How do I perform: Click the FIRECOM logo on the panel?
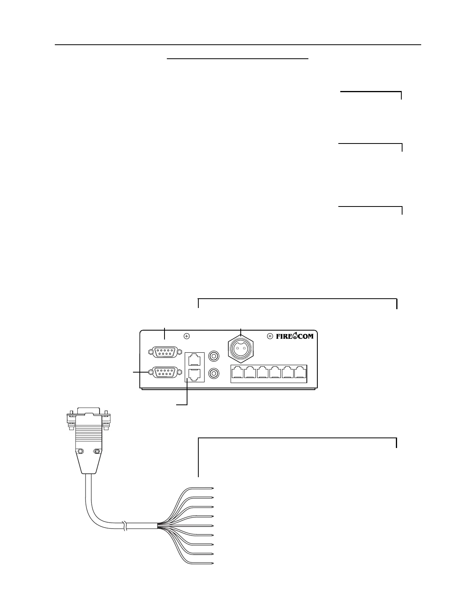pos(294,336)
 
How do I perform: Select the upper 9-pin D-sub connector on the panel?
pos(165,352)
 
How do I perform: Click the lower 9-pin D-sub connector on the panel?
pos(165,373)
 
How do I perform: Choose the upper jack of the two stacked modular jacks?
pos(195,358)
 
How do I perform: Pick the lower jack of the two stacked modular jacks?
pos(195,374)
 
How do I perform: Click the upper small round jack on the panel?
pos(213,356)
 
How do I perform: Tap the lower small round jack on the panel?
pos(213,374)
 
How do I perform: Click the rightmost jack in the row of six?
pos(300,373)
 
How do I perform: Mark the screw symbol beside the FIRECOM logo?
pos(270,336)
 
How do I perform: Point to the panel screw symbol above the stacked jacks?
pos(187,336)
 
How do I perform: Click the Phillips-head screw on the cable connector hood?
pos(98,451)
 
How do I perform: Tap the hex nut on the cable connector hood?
pos(79,451)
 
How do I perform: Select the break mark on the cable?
pos(124,526)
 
